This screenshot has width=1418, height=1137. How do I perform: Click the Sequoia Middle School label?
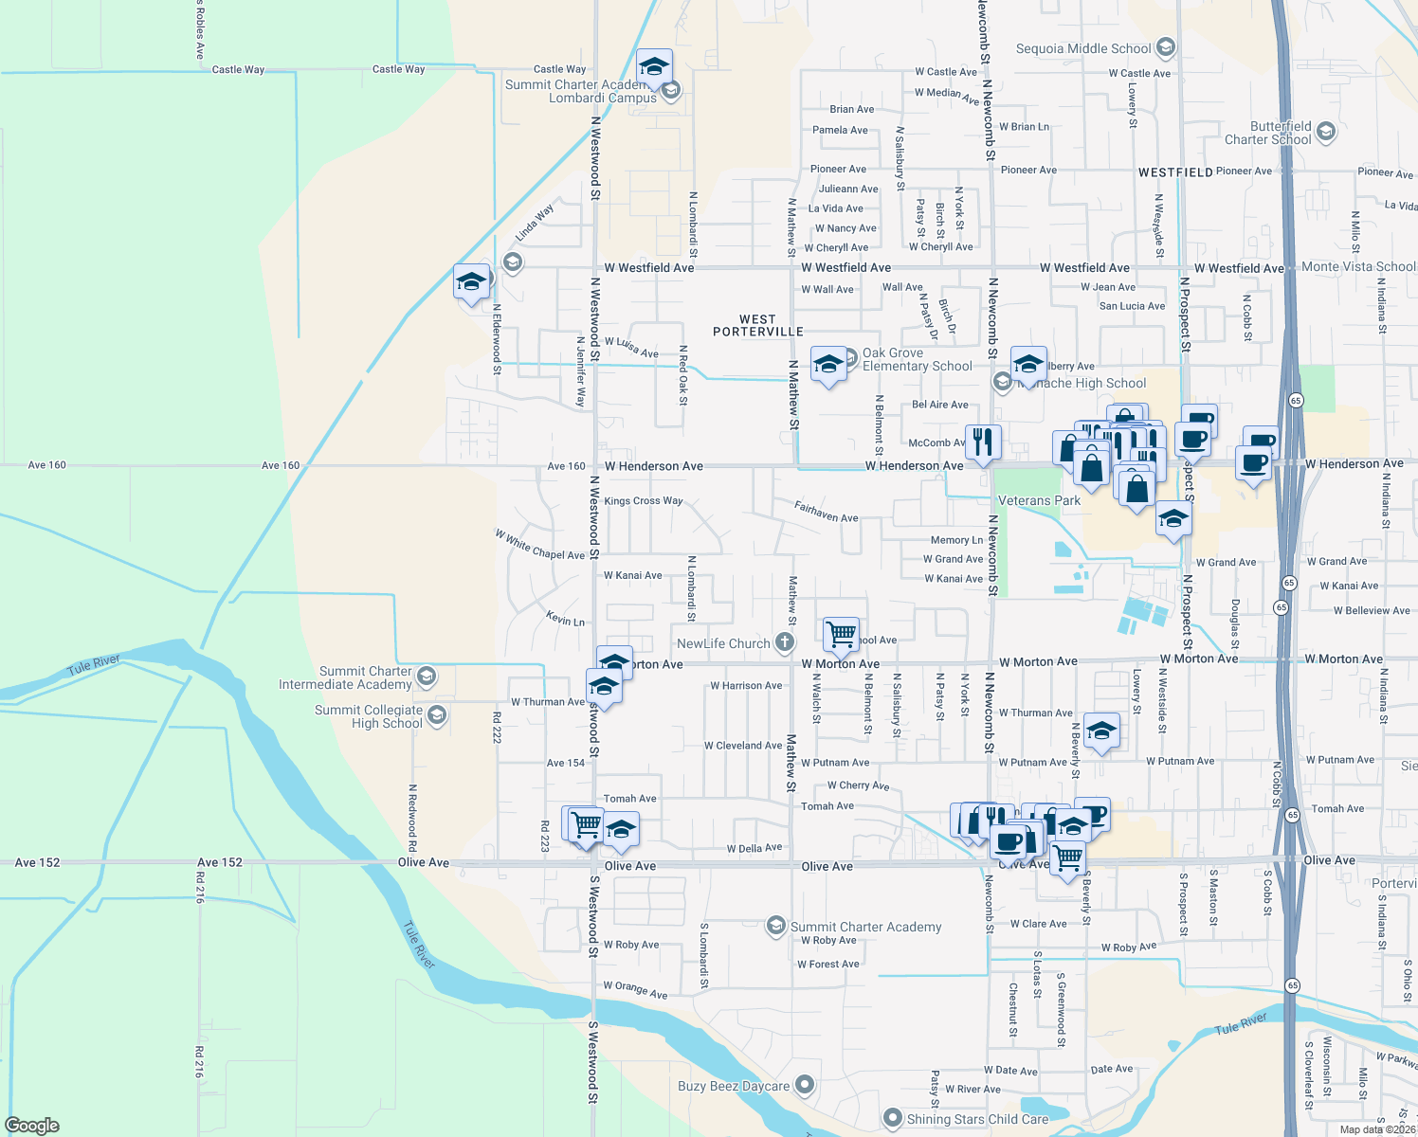tap(1083, 48)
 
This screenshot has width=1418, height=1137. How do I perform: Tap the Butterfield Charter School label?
tap(1268, 133)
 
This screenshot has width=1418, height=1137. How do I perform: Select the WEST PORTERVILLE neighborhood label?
tap(757, 326)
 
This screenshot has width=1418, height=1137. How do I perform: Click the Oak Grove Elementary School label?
tap(917, 359)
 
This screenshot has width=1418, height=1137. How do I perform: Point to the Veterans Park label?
tap(1039, 500)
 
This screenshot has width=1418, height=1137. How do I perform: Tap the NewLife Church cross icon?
tap(785, 642)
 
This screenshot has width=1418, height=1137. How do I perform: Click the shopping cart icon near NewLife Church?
tap(841, 634)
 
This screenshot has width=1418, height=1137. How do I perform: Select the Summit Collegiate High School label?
tap(369, 716)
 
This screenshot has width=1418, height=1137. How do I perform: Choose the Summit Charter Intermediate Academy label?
tap(345, 677)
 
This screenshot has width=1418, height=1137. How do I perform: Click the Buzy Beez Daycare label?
tap(734, 1086)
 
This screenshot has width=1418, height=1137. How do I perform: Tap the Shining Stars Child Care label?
tap(977, 1119)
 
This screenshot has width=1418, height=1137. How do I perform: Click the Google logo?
tap(32, 1125)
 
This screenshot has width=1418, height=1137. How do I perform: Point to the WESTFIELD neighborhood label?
tap(1175, 172)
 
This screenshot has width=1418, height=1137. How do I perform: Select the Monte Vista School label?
tap(1358, 267)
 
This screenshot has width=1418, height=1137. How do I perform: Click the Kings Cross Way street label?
tap(643, 500)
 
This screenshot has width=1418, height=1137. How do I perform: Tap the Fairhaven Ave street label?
tap(826, 513)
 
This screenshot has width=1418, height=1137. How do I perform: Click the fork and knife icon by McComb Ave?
tap(983, 442)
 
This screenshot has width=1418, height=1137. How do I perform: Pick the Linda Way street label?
tap(535, 223)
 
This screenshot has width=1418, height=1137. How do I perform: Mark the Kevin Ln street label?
tap(565, 620)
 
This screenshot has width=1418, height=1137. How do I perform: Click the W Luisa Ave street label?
tap(631, 347)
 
